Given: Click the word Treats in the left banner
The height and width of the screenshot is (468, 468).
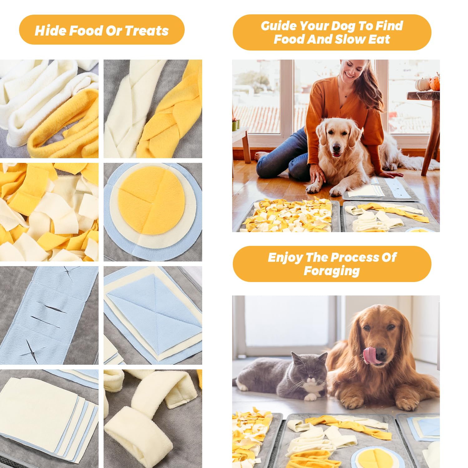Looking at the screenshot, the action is coord(147,31).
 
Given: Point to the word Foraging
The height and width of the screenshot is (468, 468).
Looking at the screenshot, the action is coord(332,271).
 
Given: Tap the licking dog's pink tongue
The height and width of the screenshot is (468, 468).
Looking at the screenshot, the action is coord(370,355).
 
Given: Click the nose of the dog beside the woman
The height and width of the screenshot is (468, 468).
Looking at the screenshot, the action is coord(336,147).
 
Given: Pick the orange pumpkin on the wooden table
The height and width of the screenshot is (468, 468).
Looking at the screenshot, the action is coord(435,82).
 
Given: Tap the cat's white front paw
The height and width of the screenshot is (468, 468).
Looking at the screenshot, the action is coord(310,397).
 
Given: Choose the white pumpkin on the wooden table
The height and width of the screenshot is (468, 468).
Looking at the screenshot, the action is coord(422,84).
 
